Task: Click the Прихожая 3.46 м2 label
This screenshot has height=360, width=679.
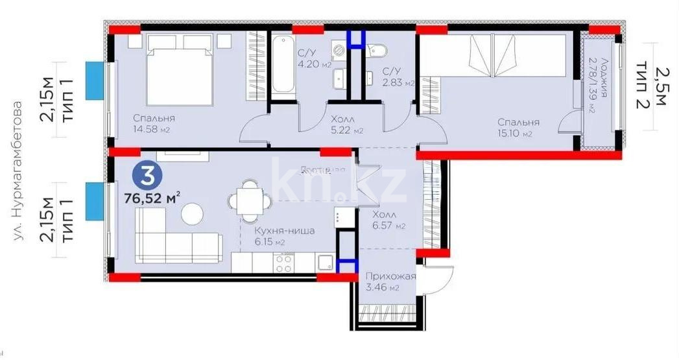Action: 388,281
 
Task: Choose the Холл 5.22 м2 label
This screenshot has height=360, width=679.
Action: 342,125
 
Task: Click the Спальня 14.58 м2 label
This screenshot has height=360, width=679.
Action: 154,124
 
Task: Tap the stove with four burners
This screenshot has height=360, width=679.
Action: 283,263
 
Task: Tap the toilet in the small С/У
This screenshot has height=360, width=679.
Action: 377,51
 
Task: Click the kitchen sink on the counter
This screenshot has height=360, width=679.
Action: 325,263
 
